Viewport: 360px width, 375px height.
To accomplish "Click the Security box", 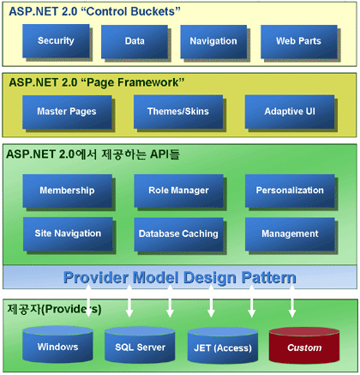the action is tap(56, 41).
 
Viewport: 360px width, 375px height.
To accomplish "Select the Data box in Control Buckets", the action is tap(135, 41).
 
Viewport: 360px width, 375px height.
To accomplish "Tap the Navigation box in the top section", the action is tap(213, 41).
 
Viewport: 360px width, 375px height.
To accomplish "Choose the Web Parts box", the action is tap(298, 41).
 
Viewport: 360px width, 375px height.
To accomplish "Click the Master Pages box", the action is tap(67, 112).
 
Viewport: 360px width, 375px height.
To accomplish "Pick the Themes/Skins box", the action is tap(178, 112).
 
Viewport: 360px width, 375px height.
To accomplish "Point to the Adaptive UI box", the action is tap(290, 112).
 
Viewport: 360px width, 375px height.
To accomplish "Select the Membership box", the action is tap(67, 191).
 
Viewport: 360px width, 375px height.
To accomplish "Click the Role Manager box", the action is tap(178, 191).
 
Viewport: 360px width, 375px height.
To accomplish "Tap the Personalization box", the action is tap(290, 191).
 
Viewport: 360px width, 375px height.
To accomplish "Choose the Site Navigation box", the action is tap(68, 234).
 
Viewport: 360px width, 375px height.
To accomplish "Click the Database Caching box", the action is tap(178, 234).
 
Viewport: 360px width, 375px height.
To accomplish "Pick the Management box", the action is tap(290, 234).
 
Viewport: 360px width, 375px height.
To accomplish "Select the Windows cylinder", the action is tap(57, 344).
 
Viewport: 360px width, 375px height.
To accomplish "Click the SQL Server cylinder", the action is tap(140, 345).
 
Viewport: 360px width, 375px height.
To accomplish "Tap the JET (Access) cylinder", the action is tap(223, 345).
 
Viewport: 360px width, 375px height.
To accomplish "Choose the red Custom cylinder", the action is tap(304, 345).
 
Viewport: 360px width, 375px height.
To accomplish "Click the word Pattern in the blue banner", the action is tap(268, 278).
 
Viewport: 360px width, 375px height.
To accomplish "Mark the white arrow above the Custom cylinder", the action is tap(292, 301).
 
